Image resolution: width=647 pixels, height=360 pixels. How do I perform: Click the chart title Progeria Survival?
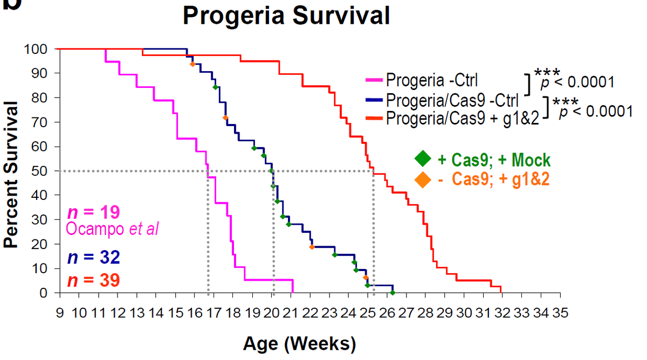286,16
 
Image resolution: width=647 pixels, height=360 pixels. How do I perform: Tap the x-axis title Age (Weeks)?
300,343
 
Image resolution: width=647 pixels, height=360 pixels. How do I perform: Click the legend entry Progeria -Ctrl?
431,81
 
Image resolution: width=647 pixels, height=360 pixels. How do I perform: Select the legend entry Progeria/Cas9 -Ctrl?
452,100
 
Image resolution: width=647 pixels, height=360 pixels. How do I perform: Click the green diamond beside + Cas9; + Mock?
423,159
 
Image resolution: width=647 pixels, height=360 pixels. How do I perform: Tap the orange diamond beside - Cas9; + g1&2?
423,179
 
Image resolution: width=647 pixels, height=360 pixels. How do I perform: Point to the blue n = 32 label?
93,258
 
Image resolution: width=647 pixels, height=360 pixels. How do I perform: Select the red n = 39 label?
93,280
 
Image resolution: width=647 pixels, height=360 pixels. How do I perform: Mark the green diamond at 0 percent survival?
393,293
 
